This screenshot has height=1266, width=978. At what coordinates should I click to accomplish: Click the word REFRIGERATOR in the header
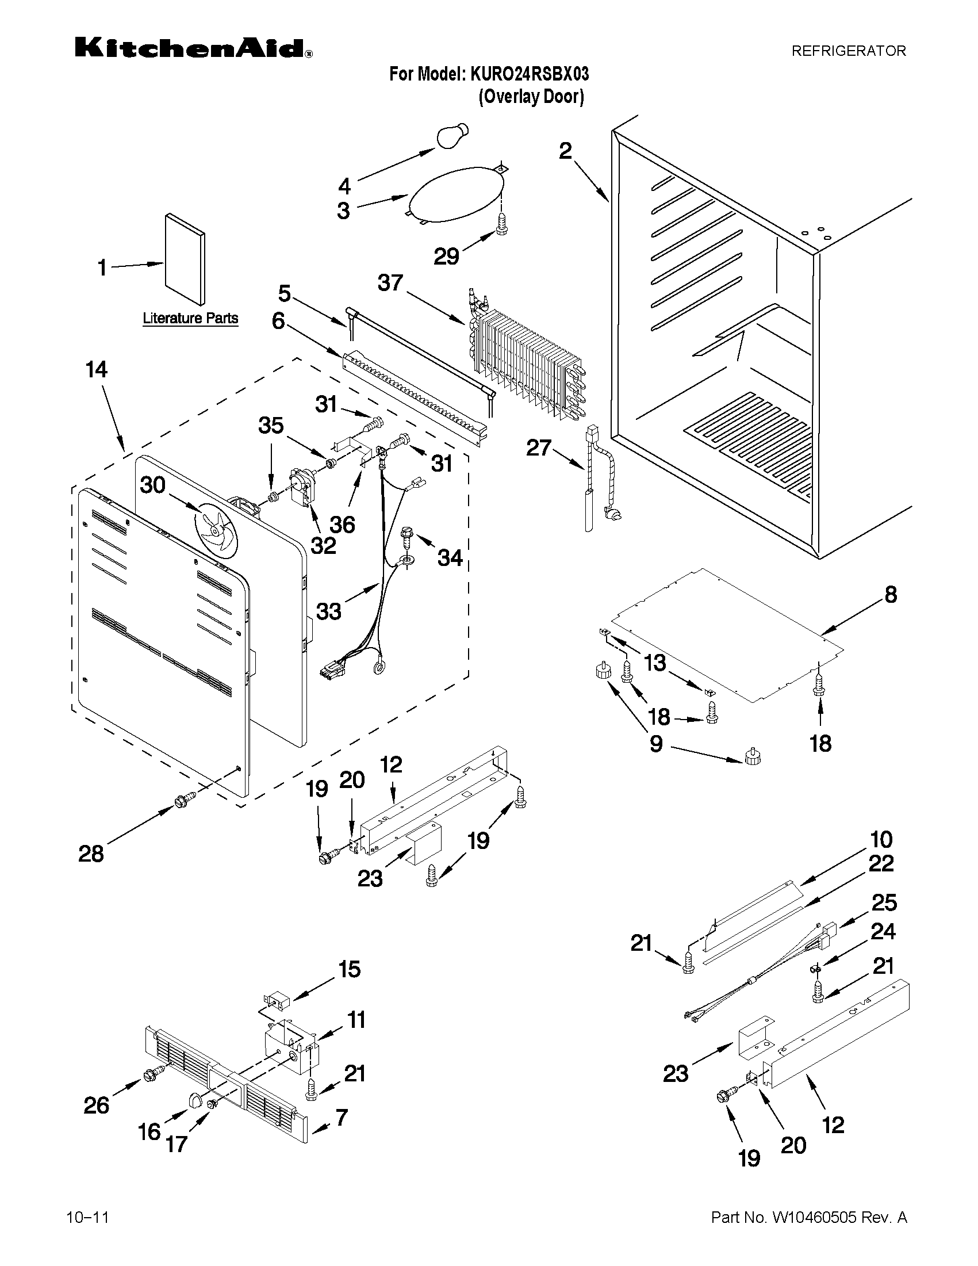[848, 51]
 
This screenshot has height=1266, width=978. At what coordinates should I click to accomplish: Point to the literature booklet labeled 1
[184, 259]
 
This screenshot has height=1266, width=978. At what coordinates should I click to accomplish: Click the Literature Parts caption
[190, 318]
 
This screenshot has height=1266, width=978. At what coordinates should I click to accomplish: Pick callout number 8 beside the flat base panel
[890, 594]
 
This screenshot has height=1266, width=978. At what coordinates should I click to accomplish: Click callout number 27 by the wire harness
[538, 448]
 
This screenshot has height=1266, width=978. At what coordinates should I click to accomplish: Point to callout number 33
[328, 611]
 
